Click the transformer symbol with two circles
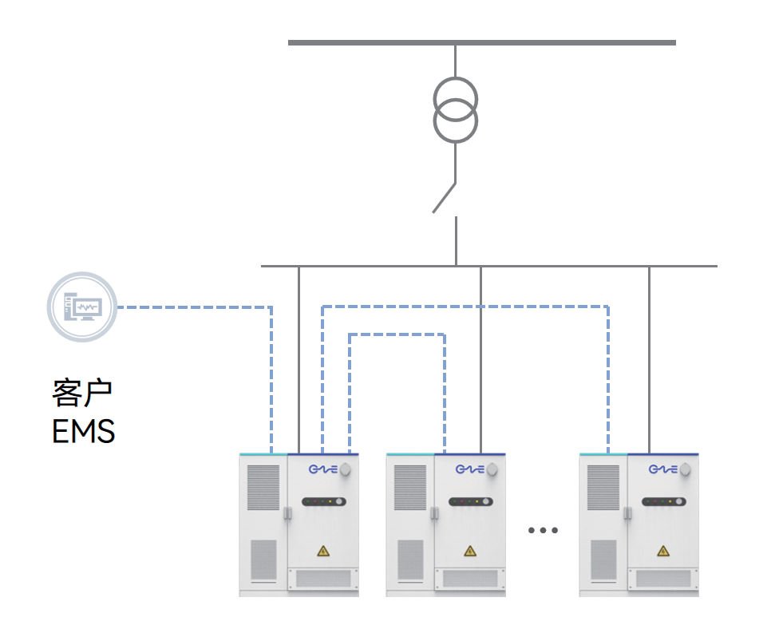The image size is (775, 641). click(x=456, y=111)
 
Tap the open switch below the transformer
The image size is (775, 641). click(x=445, y=198)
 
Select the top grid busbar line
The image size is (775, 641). click(x=481, y=42)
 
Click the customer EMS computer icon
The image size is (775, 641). click(x=82, y=307)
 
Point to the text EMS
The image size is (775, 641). click(x=83, y=432)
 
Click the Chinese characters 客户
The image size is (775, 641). click(x=82, y=393)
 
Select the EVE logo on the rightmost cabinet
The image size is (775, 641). click(x=662, y=469)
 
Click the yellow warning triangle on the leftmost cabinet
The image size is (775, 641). click(x=322, y=551)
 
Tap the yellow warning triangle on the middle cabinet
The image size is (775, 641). click(x=469, y=551)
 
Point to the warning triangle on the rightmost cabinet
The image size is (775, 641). click(x=662, y=551)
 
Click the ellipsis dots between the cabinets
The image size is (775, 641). click(x=543, y=530)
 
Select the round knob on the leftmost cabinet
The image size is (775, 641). click(x=345, y=469)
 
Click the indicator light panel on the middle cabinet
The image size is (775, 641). click(x=470, y=502)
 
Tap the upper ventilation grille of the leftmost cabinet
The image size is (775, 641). click(x=263, y=487)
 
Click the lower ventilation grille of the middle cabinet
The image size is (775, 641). click(x=410, y=560)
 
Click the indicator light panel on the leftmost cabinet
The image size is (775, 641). click(x=323, y=502)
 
